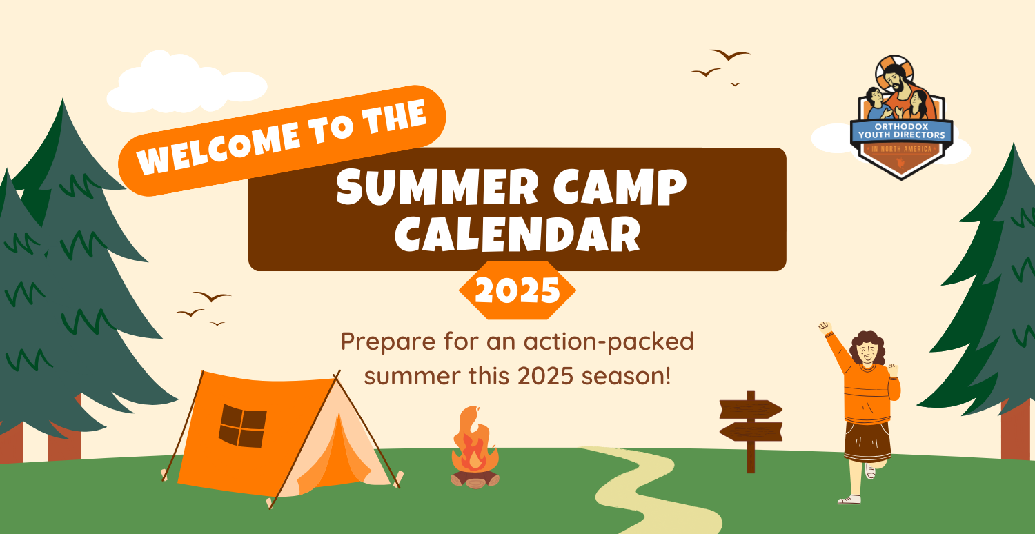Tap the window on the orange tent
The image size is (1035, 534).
(243, 426)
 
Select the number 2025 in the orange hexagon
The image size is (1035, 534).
(517, 290)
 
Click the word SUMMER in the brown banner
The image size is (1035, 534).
(437, 186)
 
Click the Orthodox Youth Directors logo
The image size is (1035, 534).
(901, 118)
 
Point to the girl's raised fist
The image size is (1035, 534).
(825, 328)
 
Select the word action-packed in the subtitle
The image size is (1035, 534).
(609, 342)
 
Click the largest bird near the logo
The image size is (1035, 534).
(729, 55)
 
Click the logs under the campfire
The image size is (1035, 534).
(475, 479)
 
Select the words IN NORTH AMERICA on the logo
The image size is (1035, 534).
(901, 149)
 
